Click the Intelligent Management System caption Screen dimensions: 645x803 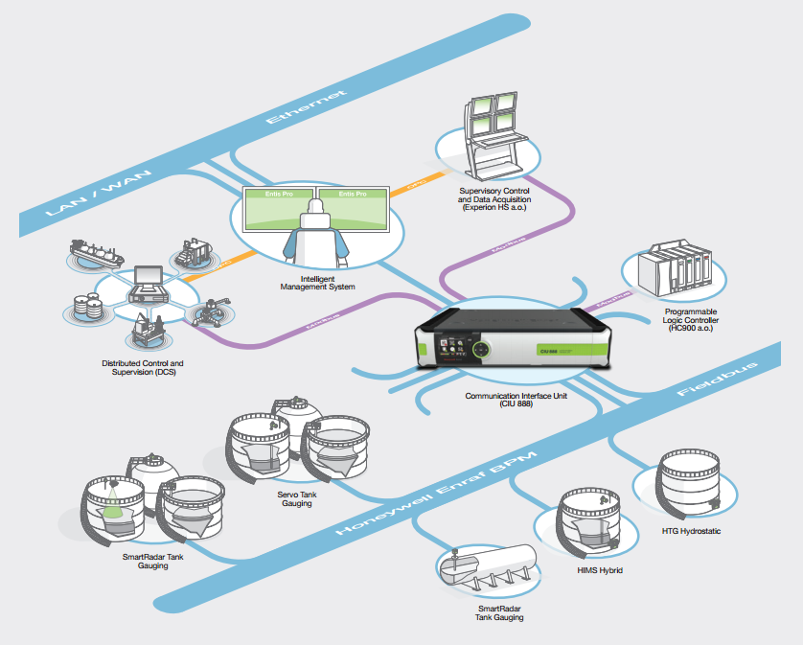316,282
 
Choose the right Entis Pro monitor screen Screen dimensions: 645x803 355,207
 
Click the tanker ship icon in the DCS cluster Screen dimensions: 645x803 100,254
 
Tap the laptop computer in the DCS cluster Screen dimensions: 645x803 150,283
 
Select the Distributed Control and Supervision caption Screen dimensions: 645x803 143,368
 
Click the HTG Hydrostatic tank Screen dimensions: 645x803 691,486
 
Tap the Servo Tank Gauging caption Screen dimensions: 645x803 289,498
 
